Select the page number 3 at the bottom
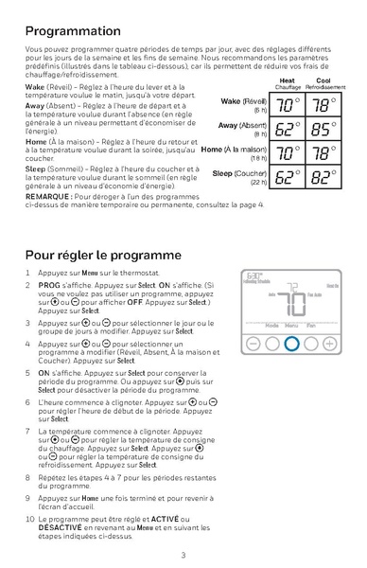(x=183, y=555)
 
